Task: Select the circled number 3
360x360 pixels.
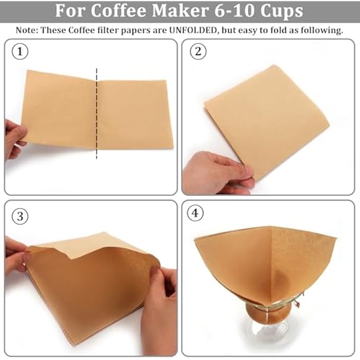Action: [20, 217]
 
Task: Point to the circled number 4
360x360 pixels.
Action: [198, 213]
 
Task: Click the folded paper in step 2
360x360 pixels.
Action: [267, 119]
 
